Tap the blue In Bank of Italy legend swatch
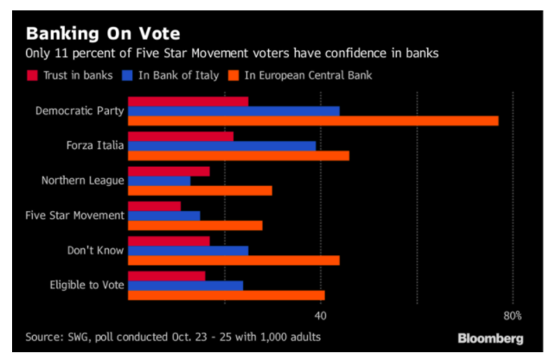pos(127,75)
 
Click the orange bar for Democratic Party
pos(313,120)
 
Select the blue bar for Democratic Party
pos(233,111)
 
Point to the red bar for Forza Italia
pos(181,136)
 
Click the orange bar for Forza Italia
pos(239,156)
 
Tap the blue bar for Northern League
pos(159,181)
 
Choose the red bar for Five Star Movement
pos(155,206)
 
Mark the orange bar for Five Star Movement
pos(195,225)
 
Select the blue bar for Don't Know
pos(188,250)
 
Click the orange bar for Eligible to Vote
pos(227,295)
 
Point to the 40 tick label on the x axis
pos(322,315)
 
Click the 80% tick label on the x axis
pos(512,315)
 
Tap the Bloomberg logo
pos(490,337)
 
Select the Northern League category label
pos(83,181)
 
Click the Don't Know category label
pos(96,250)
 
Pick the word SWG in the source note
pos(85,337)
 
